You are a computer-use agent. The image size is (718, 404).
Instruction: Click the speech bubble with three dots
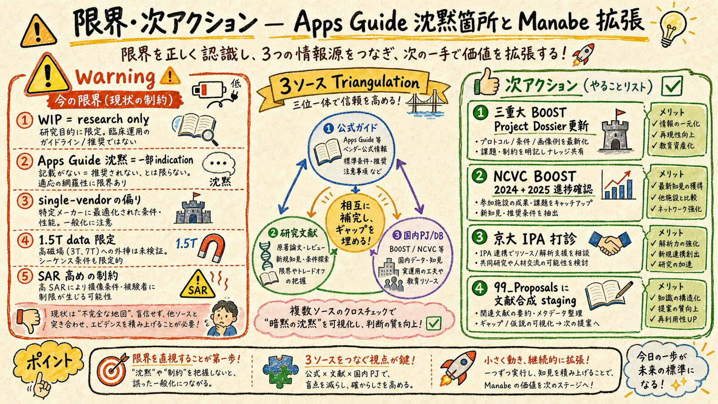(219, 164)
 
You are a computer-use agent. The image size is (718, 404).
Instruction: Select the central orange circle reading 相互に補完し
(355, 222)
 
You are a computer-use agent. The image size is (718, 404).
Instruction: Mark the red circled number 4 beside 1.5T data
(25, 240)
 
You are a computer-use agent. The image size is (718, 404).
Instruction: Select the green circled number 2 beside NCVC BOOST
(480, 176)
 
